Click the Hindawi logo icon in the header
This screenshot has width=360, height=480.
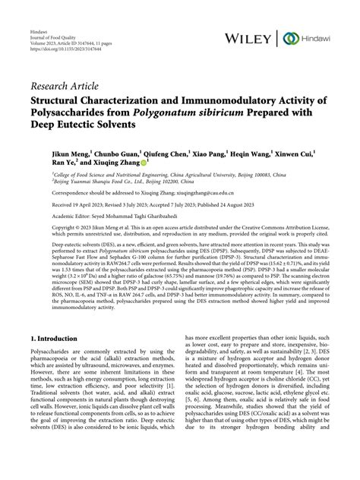(x=289, y=38)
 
